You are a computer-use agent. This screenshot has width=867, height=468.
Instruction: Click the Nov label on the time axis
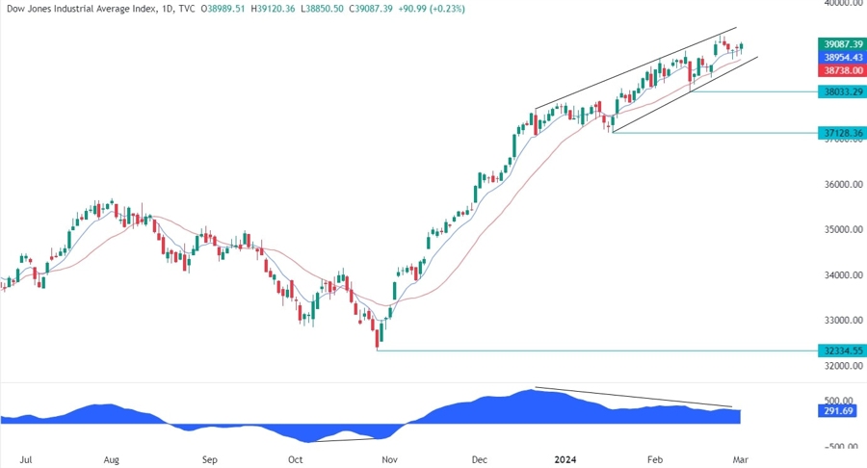coord(388,460)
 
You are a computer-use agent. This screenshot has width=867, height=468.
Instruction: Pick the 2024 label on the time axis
coord(566,460)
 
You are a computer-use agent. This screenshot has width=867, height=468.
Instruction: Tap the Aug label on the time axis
coord(114,460)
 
